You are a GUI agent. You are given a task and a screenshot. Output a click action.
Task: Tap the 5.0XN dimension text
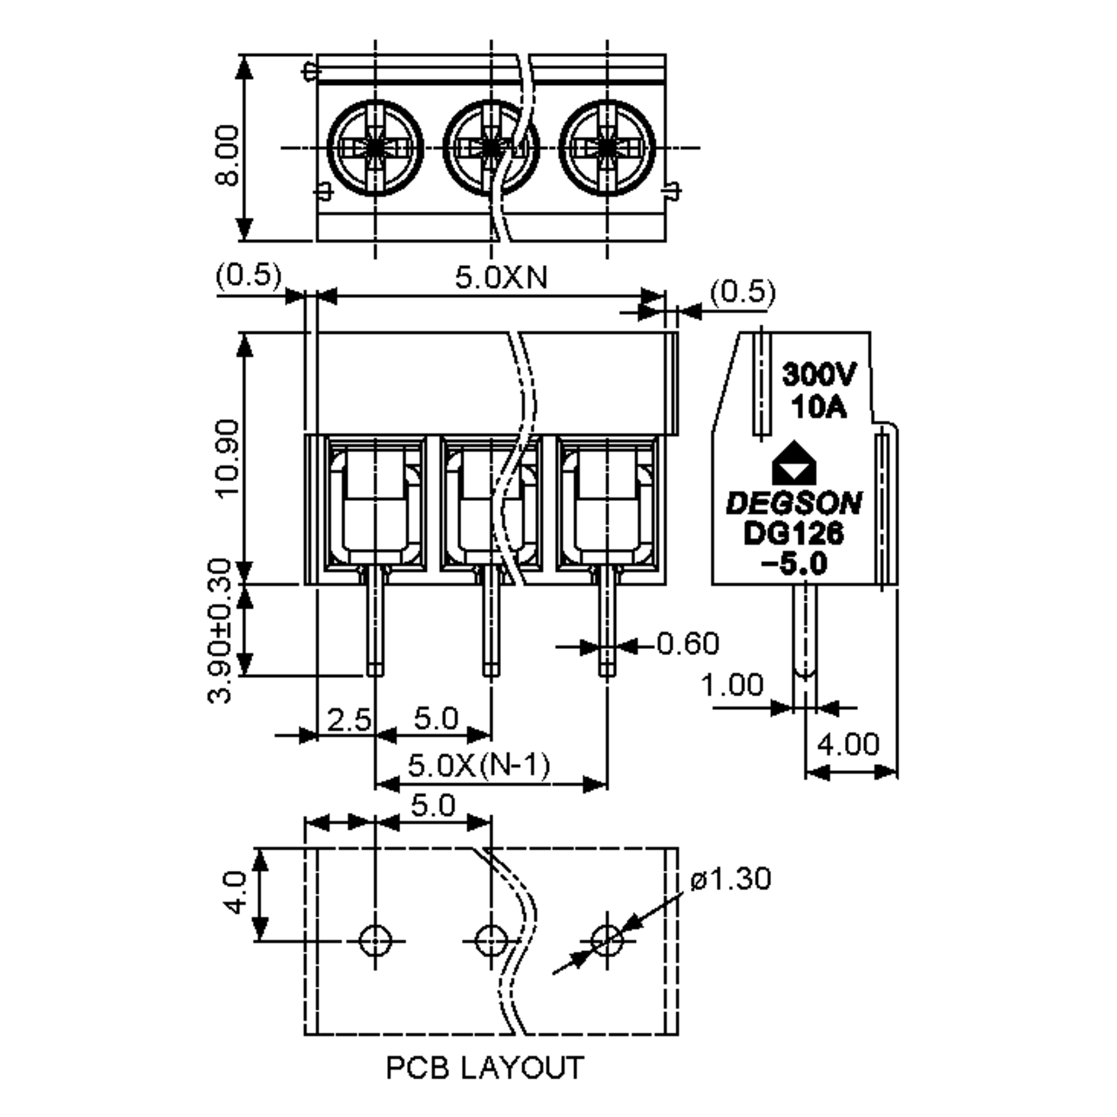501,277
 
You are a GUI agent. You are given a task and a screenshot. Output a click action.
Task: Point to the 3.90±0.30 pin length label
220,631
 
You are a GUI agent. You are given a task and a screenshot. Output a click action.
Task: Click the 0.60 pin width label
688,644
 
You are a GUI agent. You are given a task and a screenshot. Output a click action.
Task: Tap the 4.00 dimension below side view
848,744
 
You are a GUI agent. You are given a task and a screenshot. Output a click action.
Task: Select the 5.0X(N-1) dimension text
479,766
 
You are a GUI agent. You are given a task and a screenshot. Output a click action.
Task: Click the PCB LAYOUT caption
484,1068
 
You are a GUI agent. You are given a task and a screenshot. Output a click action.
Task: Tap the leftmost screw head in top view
375,148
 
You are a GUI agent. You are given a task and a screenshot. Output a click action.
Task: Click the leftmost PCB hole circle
375,941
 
